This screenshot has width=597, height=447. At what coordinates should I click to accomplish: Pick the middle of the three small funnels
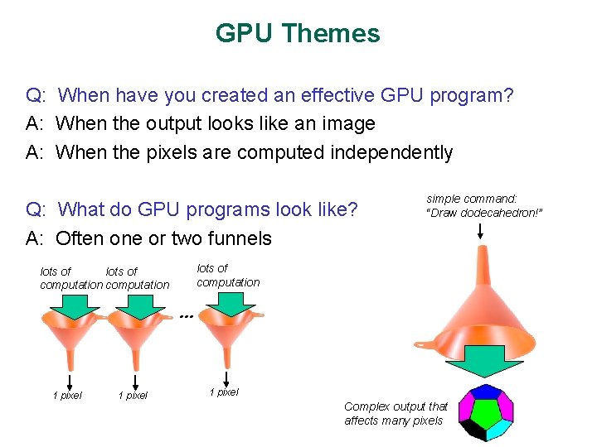133,339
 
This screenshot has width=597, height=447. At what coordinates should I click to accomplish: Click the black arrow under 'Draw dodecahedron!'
481,233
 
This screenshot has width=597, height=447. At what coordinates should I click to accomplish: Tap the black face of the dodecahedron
473,429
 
